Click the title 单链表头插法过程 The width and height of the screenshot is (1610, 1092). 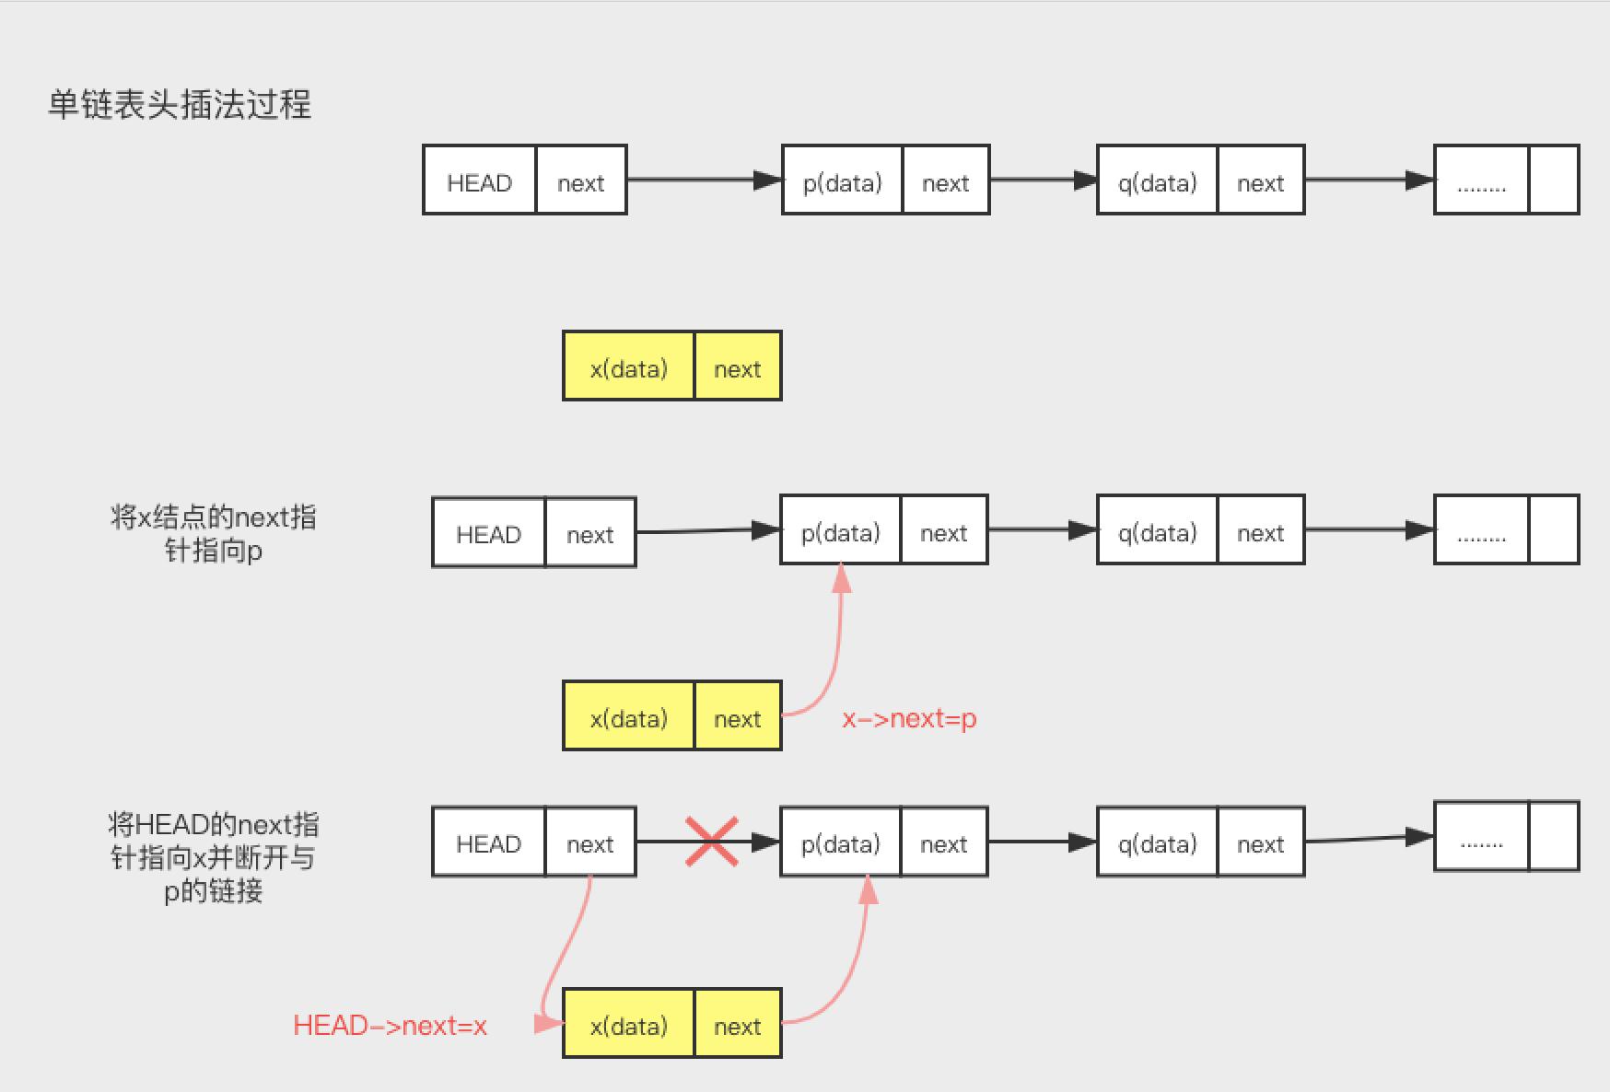[x=180, y=105]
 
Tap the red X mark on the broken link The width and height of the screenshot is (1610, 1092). [x=711, y=842]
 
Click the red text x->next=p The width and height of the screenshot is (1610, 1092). [x=909, y=719]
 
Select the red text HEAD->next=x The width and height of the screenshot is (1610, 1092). [x=390, y=1026]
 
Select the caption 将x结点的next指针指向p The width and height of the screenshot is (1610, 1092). [x=213, y=533]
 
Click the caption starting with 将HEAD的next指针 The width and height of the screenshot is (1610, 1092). [x=213, y=857]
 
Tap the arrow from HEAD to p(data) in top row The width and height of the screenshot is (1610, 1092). [x=704, y=180]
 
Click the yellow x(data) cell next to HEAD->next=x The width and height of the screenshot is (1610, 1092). [x=628, y=1024]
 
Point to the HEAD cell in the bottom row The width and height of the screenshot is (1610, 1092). [x=488, y=842]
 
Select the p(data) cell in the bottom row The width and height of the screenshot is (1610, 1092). [x=840, y=842]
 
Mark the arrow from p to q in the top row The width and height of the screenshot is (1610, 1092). [x=1043, y=180]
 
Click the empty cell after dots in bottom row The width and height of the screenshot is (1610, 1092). [x=1553, y=836]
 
